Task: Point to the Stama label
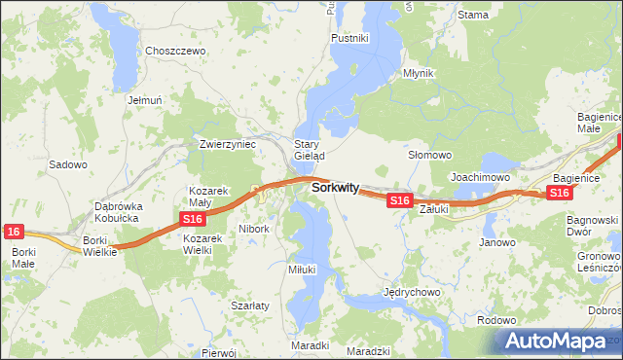[472, 15]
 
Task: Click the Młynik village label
[419, 73]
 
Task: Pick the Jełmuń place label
[143, 99]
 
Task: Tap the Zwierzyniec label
[227, 143]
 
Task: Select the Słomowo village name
[429, 155]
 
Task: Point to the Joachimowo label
[481, 177]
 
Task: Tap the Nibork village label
[253, 230]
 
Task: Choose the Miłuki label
[302, 269]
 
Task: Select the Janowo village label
[496, 242]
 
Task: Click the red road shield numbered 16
[13, 231]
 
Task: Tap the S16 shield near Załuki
[399, 200]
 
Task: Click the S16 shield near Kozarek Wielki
[192, 221]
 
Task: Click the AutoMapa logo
[558, 341]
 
